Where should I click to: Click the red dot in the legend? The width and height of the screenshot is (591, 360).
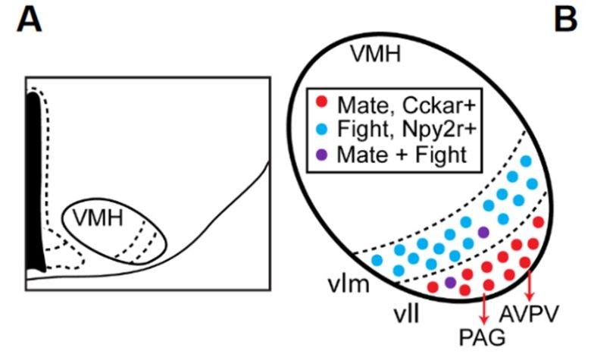click(x=322, y=101)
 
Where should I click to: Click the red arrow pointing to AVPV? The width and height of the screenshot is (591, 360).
click(x=530, y=284)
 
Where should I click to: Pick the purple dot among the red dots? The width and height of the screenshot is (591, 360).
click(x=450, y=282)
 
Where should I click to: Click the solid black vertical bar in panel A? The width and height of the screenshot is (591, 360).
click(x=35, y=182)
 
